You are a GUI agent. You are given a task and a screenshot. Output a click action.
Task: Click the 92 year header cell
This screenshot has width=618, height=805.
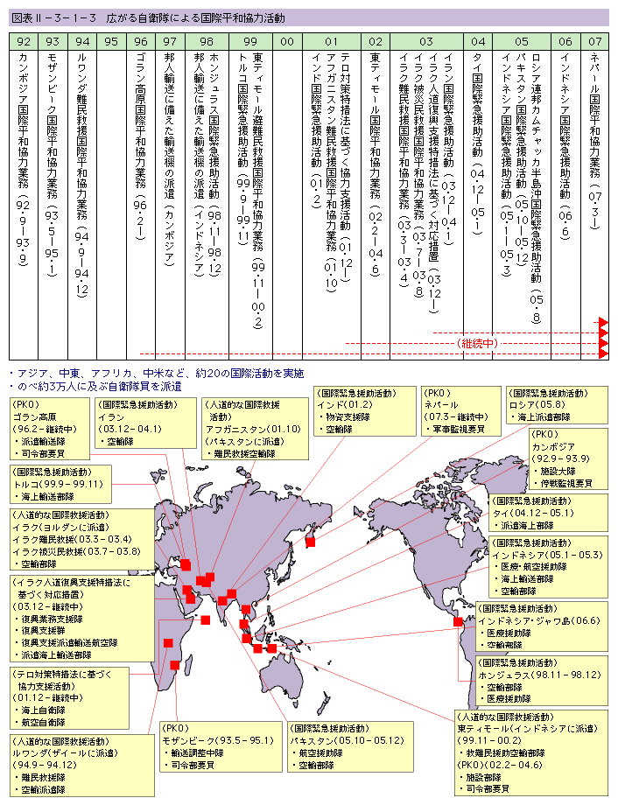[24, 41]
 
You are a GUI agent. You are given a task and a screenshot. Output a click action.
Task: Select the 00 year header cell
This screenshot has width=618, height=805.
[287, 41]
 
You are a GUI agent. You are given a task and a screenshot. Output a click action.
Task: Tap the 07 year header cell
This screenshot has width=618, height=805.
[595, 41]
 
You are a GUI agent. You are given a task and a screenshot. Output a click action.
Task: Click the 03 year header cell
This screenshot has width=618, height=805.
[426, 41]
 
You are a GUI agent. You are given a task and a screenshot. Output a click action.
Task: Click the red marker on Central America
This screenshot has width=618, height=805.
[458, 622]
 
